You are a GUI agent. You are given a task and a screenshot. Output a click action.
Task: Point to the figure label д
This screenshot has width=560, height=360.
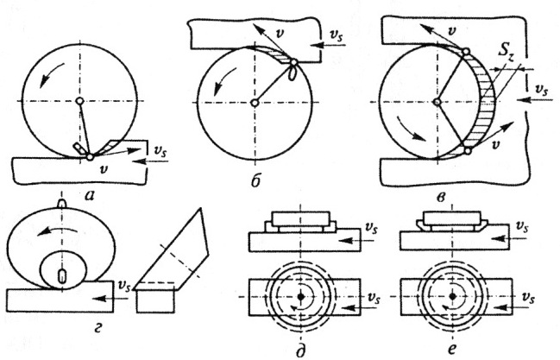click(299, 347)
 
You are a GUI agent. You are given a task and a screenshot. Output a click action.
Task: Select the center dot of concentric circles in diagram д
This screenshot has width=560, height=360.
click(300, 296)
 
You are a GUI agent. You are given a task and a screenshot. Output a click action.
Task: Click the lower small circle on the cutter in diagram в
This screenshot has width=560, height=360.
click(469, 151)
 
